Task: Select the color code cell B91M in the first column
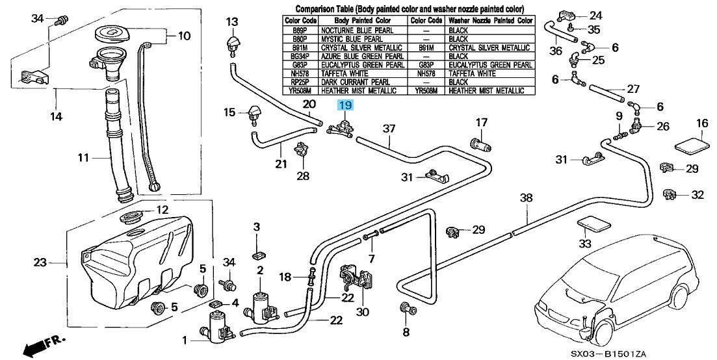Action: coord(300,47)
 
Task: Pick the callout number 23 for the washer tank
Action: coord(41,263)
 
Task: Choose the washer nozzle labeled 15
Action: coord(254,116)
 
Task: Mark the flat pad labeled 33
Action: coord(593,225)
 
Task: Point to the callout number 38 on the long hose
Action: coord(527,198)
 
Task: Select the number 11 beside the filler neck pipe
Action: coord(83,159)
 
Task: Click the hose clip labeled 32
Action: coord(669,195)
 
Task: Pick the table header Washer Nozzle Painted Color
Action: coord(491,21)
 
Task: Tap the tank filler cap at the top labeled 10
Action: coord(112,33)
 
